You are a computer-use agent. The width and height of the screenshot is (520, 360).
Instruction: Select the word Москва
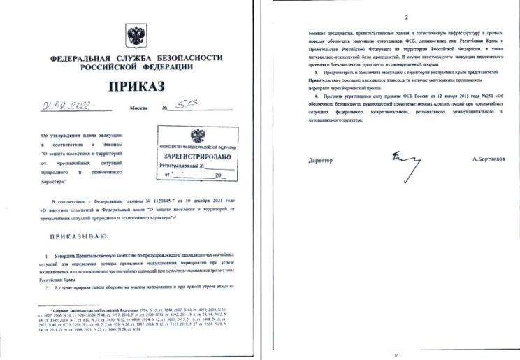point(139,109)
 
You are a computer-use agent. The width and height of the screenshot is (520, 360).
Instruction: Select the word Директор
point(321,160)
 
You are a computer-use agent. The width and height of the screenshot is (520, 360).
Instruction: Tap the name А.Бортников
point(488,160)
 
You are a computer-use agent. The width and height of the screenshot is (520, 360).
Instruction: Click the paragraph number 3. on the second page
point(317,73)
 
